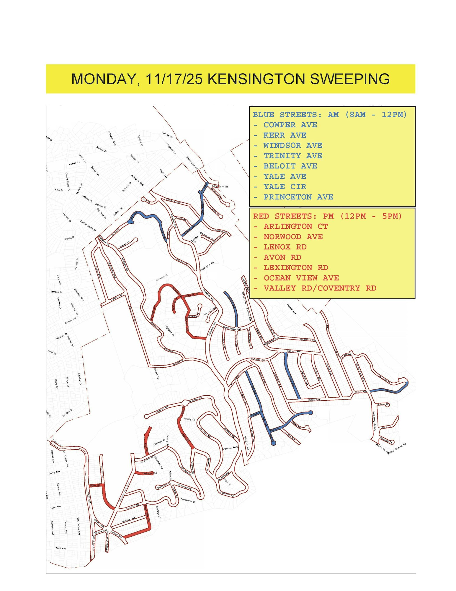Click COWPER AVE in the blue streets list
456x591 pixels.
(290, 125)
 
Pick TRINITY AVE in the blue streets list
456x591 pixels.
(293, 156)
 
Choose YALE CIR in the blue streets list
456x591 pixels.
(285, 187)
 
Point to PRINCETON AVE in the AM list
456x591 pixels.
(298, 197)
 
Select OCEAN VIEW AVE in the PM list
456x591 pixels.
(301, 278)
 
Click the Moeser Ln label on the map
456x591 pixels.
(74, 163)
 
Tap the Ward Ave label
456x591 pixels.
(61, 548)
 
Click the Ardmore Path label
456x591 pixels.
(230, 448)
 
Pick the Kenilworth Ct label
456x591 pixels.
(188, 500)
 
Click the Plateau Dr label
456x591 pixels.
(383, 404)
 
